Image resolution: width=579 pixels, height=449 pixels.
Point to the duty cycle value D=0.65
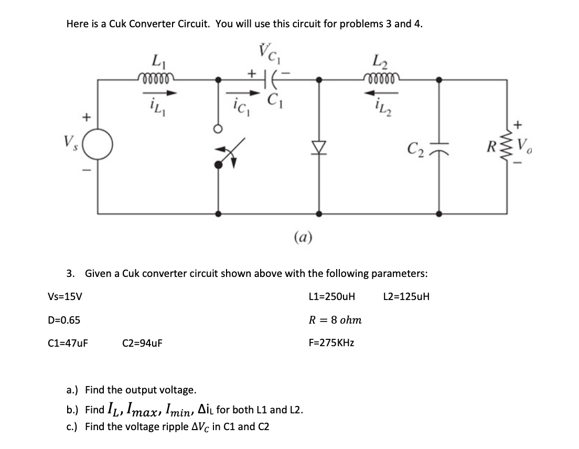[64, 319]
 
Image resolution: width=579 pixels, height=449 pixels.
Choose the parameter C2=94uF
[142, 343]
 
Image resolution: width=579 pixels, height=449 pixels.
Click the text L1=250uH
[332, 296]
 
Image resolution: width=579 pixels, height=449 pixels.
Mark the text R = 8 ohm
[335, 319]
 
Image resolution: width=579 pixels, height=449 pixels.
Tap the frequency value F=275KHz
[331, 343]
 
